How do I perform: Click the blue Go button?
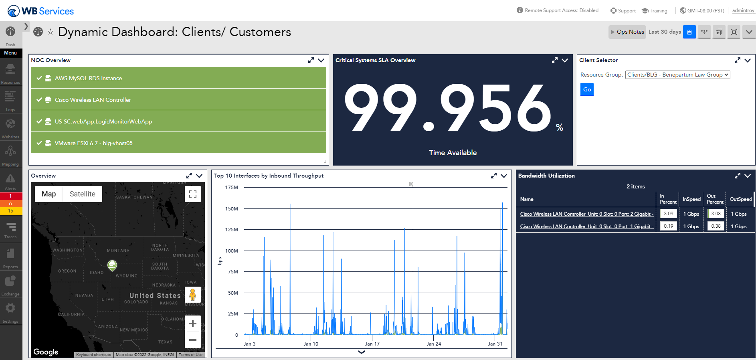click(586, 89)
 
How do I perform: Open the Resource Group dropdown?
click(677, 75)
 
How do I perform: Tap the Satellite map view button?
click(82, 194)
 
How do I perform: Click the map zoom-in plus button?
click(193, 324)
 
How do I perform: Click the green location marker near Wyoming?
click(112, 265)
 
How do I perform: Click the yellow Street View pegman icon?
click(193, 295)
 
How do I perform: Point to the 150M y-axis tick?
click(232, 209)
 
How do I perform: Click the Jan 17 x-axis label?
click(372, 344)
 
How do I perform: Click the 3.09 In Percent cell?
click(668, 214)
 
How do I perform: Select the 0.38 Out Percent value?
click(716, 226)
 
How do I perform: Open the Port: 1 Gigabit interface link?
click(586, 227)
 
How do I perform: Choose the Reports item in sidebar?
click(10, 257)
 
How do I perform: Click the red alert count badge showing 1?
click(10, 196)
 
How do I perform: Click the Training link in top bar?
click(655, 11)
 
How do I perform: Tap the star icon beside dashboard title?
click(51, 32)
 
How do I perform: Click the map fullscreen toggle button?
click(193, 194)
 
